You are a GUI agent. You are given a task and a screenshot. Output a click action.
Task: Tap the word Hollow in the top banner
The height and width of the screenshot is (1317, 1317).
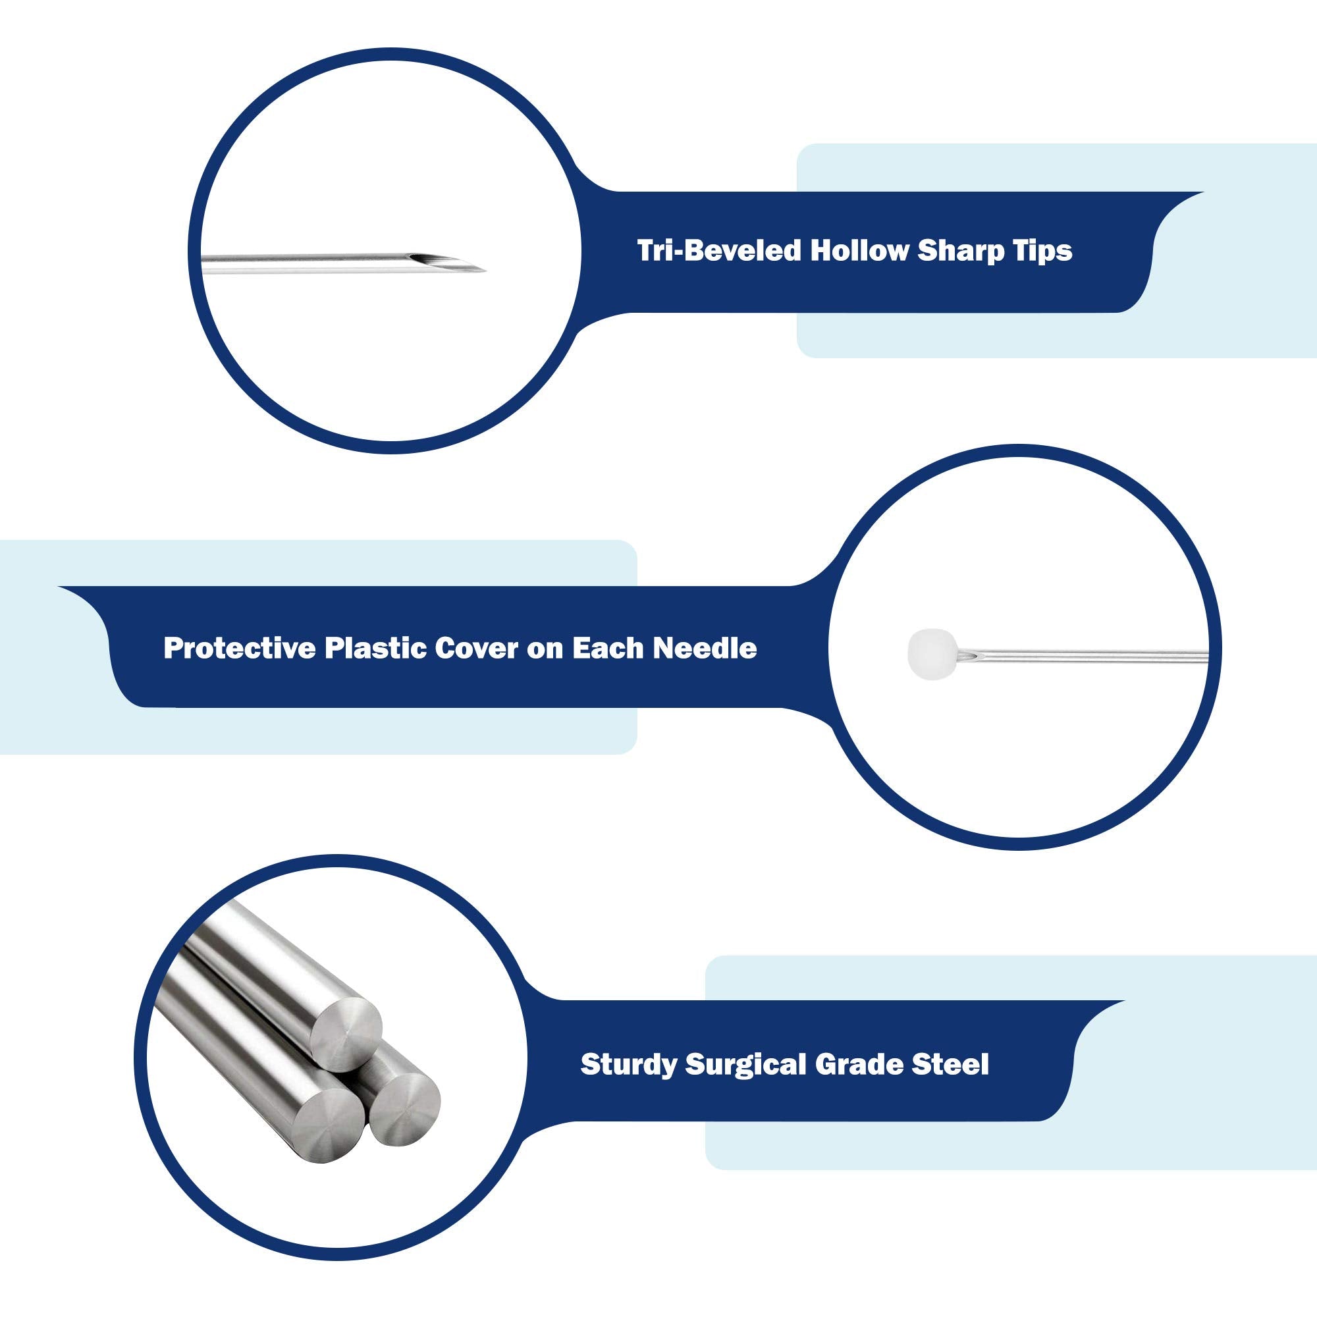click(859, 250)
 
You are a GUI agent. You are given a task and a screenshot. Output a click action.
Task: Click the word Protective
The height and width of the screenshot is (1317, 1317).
click(239, 648)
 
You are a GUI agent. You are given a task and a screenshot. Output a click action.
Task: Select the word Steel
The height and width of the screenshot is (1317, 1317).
click(950, 1065)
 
